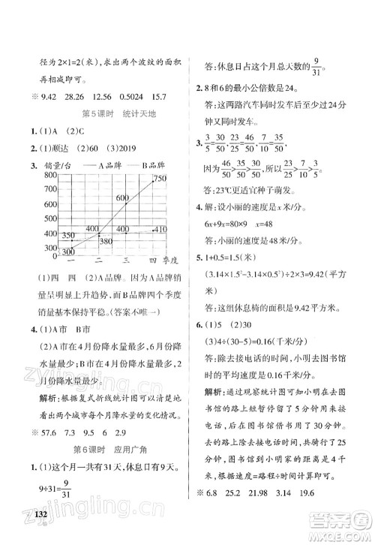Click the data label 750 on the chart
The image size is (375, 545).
click(x=159, y=178)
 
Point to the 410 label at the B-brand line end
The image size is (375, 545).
click(x=160, y=228)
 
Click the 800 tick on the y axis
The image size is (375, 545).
click(x=28, y=174)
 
